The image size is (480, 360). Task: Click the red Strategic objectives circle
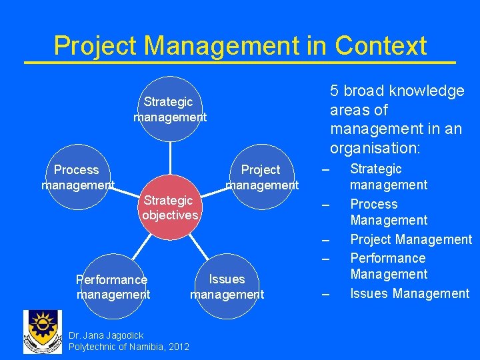pyautogui.click(x=170, y=208)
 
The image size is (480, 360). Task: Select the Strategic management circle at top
pyautogui.click(x=170, y=109)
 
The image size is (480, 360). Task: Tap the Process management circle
pyautogui.click(x=77, y=177)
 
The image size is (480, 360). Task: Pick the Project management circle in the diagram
pyautogui.click(x=261, y=177)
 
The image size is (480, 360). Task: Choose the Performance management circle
pyautogui.click(x=113, y=287)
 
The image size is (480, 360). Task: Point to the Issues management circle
pyautogui.click(x=227, y=287)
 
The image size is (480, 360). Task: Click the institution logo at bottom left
pyautogui.click(x=43, y=332)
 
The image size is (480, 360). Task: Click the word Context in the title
pyautogui.click(x=381, y=46)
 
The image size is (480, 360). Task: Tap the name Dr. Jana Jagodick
pyautogui.click(x=106, y=335)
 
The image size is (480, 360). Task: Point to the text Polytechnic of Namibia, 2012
pyautogui.click(x=129, y=347)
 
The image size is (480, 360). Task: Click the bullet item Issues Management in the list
pyautogui.click(x=410, y=293)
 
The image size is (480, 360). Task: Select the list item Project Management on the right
pyautogui.click(x=411, y=239)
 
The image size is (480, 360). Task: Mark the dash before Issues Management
pyautogui.click(x=325, y=294)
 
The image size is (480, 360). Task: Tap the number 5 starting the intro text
pyautogui.click(x=335, y=91)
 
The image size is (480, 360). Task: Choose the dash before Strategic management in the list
pyautogui.click(x=325, y=169)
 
